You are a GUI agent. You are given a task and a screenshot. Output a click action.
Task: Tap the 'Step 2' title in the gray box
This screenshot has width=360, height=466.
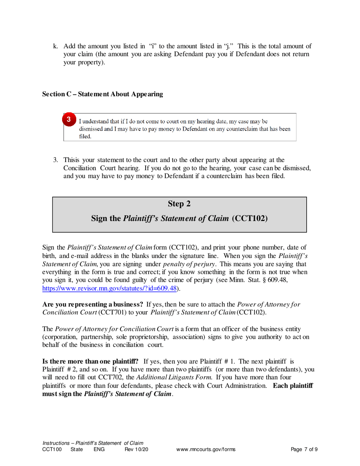(x=179, y=204)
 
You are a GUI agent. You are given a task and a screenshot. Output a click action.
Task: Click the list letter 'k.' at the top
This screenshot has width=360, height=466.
(x=56, y=47)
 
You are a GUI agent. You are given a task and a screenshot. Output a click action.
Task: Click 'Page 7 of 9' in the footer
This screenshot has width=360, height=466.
(x=304, y=450)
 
